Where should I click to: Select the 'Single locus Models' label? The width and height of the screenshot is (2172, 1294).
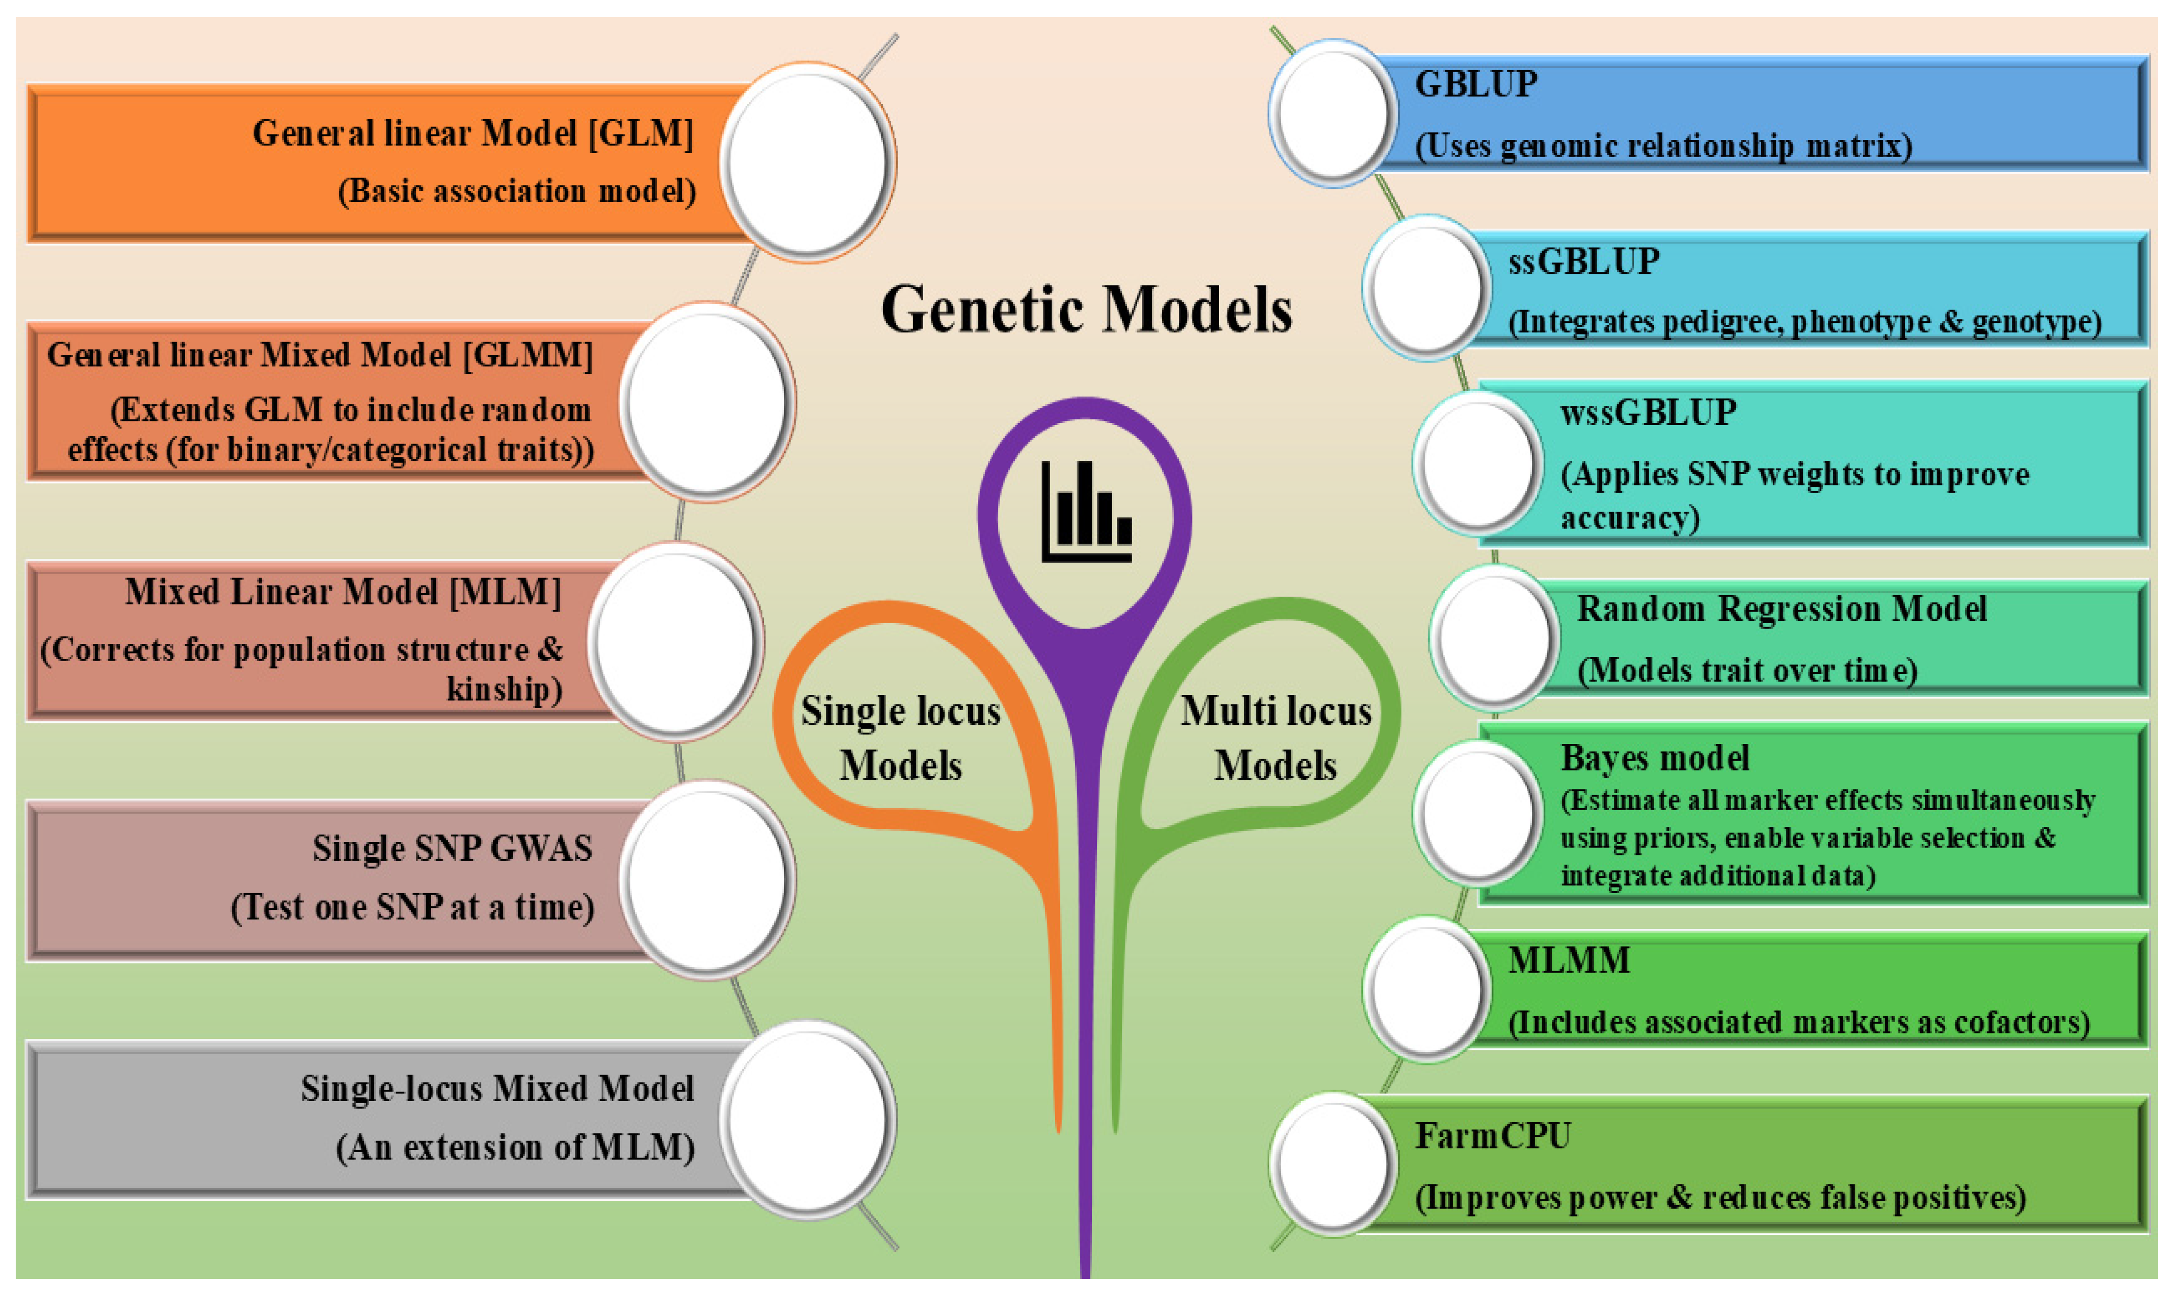coord(900,738)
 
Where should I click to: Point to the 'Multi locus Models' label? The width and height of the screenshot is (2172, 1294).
coord(1276,738)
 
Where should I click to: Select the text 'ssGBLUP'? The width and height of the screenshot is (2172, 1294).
coord(1583,262)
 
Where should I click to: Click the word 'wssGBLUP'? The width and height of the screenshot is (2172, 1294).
coord(1648,412)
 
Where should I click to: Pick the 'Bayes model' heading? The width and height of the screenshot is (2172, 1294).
coord(1654,758)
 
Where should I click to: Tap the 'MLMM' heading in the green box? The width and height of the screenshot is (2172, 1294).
coord(1569,960)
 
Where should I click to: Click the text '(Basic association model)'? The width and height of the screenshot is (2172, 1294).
coord(516,191)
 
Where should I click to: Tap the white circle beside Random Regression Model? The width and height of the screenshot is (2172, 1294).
coord(1493,637)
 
